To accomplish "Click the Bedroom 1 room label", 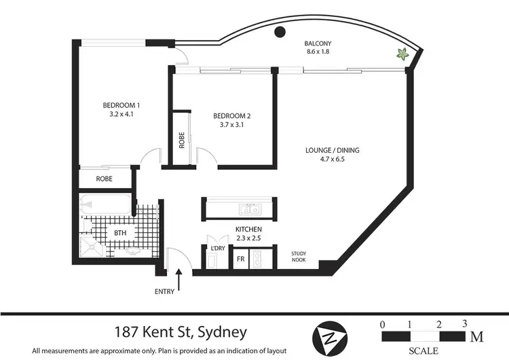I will [x=121, y=110].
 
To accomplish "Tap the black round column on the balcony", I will [x=279, y=31].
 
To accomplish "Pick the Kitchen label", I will [x=248, y=234].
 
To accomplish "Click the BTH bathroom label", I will [x=120, y=233].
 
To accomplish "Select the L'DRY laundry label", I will [x=218, y=249].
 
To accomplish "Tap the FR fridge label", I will [x=240, y=259].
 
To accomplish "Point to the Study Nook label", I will [x=299, y=257].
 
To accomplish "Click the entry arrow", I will [x=179, y=278].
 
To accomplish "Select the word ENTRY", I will [x=164, y=292].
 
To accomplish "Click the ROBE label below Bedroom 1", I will [x=104, y=179].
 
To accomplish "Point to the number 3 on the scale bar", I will [x=465, y=323].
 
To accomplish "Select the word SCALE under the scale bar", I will [x=423, y=350].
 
